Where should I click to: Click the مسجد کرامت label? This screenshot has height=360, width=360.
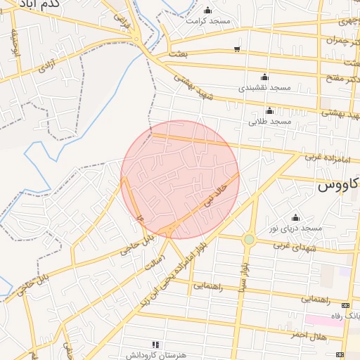pyautogui.click(x=208, y=20)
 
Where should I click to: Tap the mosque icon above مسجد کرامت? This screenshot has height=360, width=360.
pyautogui.click(x=207, y=10)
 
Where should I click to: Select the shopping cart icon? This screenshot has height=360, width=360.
pyautogui.click(x=237, y=49)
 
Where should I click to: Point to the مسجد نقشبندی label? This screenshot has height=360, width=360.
pyautogui.click(x=264, y=89)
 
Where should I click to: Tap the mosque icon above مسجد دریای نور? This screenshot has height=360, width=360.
pyautogui.click(x=295, y=217)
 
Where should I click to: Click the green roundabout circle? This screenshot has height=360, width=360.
pyautogui.click(x=248, y=240)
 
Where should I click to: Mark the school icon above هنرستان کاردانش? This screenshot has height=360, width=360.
pyautogui.click(x=155, y=345)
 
